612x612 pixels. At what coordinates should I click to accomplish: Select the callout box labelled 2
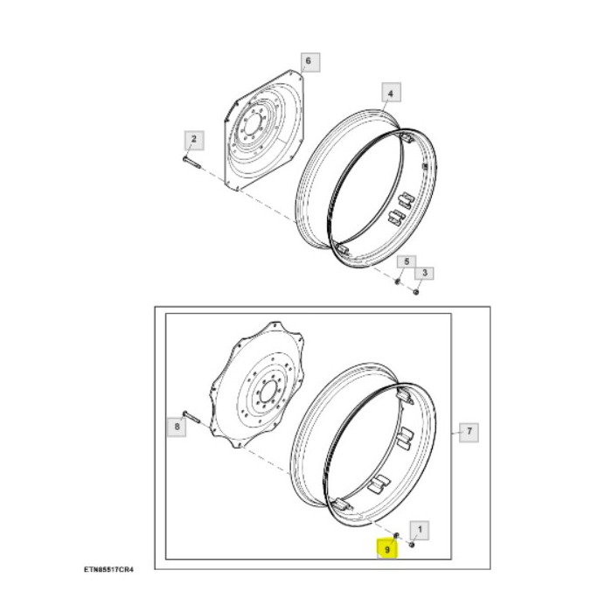tap(192, 140)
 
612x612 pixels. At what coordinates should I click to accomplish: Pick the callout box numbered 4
tap(391, 93)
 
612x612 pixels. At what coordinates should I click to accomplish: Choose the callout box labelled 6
tap(307, 62)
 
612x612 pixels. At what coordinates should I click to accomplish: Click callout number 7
tap(469, 431)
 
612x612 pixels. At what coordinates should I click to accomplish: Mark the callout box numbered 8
tap(177, 428)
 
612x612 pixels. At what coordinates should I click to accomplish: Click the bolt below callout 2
tap(192, 162)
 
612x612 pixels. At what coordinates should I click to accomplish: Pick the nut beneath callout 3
tap(415, 290)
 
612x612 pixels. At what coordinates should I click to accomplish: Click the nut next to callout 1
tap(412, 544)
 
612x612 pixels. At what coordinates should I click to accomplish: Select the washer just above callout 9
tap(396, 535)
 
